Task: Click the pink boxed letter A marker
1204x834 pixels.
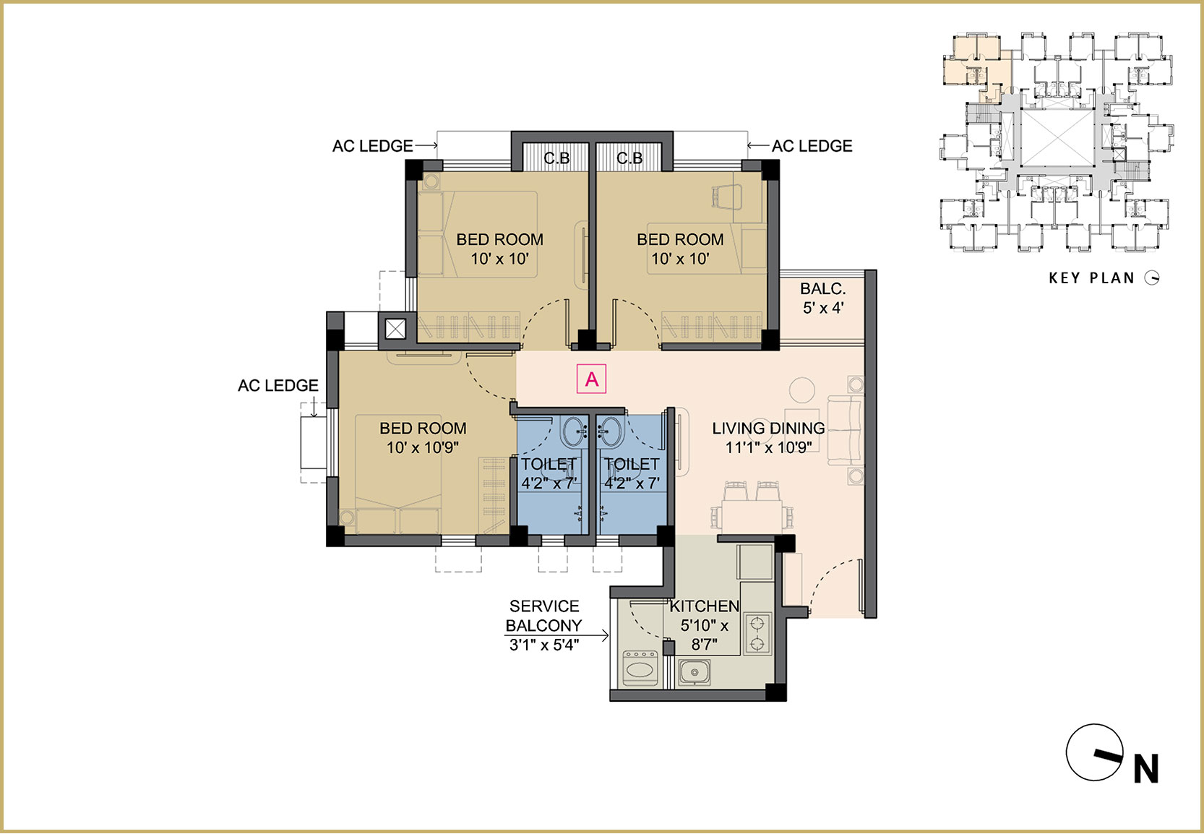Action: pos(591,379)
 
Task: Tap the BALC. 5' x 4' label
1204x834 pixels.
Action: pos(823,298)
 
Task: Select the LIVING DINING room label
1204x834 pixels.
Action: pos(769,429)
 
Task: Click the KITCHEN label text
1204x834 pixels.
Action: pos(704,606)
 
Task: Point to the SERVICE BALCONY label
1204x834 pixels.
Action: pos(544,616)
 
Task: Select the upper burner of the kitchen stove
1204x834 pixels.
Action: pos(757,624)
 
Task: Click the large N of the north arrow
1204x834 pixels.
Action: pos(1146,769)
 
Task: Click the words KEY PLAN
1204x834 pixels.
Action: pos(1091,278)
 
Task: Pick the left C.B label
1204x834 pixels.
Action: pos(556,158)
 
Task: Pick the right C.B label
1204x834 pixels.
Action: pos(629,158)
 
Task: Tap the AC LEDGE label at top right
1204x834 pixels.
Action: pos(812,146)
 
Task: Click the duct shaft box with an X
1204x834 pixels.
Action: pos(395,329)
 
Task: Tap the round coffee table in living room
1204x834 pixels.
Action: pos(802,390)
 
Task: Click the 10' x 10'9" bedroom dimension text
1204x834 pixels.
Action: pos(423,447)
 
